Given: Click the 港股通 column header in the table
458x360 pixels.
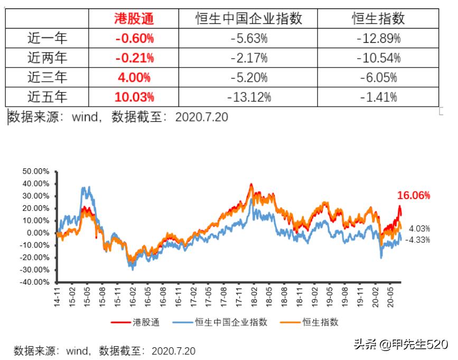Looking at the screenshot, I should (x=134, y=19).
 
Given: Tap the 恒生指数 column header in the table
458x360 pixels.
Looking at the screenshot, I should (x=378, y=19).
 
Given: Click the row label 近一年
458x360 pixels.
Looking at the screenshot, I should (x=48, y=38).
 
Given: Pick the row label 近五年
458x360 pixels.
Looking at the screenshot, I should (x=48, y=97).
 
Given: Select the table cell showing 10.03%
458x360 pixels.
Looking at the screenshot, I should (x=134, y=97).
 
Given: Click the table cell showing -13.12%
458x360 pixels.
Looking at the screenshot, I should (x=249, y=97).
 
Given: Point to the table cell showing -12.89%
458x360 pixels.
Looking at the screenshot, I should (x=378, y=38).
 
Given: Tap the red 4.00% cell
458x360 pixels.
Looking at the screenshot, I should (x=134, y=77).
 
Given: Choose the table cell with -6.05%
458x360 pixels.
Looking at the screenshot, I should (x=378, y=77).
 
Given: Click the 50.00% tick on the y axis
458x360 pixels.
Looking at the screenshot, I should (x=36, y=172).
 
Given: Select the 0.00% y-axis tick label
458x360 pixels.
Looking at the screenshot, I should (x=38, y=233).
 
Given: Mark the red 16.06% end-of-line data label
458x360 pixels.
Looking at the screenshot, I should (x=414, y=195).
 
